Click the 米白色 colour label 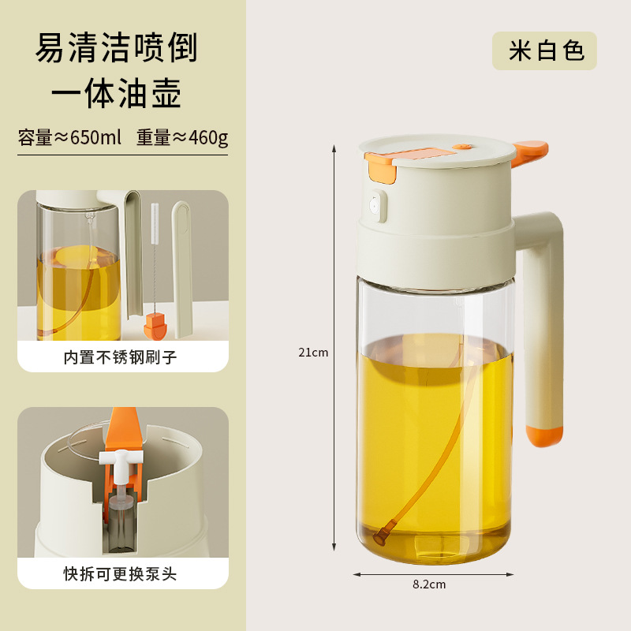(x=545, y=51)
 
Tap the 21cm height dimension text (x=313, y=353)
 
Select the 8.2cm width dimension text (x=429, y=584)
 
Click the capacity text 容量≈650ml (x=70, y=138)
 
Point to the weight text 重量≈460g (x=181, y=138)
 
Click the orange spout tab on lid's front (x=378, y=165)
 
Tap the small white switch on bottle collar (x=376, y=207)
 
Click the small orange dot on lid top (x=462, y=147)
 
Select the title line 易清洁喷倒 (x=117, y=49)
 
